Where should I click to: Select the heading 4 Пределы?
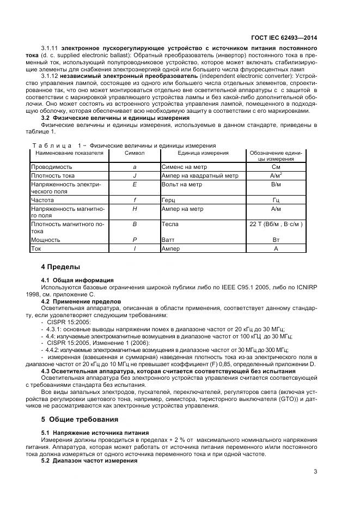60,267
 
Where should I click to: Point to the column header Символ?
135,154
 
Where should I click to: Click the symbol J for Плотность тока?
135,175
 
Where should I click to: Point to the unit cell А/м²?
276,175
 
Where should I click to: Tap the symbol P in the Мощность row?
135,240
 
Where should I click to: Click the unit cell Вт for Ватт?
276,240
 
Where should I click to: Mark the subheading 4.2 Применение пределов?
81,301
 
